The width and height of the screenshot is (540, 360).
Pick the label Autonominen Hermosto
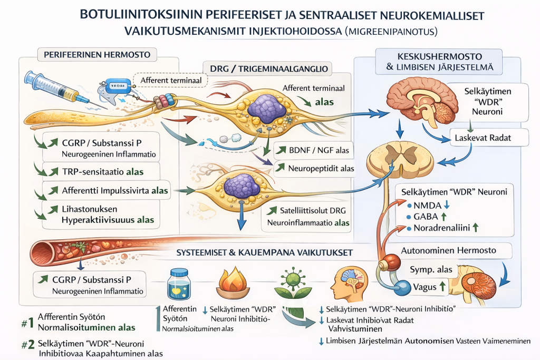(448, 250)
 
